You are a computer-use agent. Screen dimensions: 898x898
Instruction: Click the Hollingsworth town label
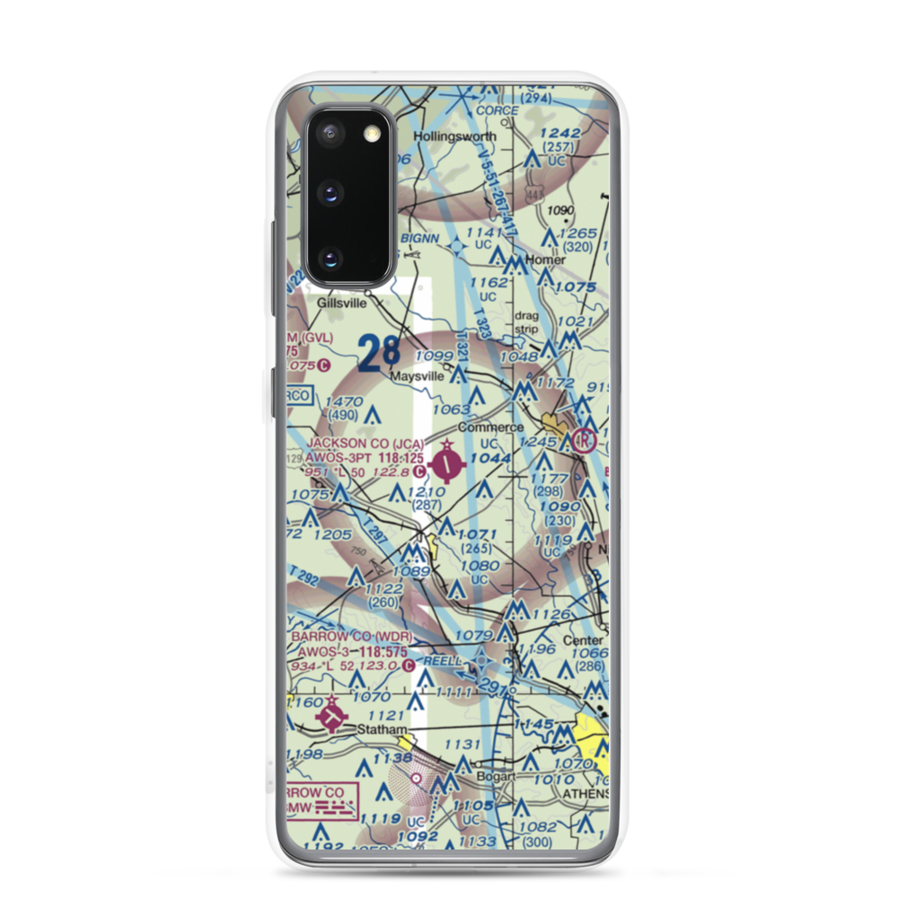[x=454, y=136]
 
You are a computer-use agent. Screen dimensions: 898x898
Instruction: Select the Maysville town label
[x=417, y=377]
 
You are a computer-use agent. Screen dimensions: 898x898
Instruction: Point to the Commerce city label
[x=490, y=428]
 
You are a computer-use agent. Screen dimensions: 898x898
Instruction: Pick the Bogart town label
[x=496, y=777]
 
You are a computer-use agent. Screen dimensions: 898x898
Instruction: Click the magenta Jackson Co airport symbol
[x=448, y=464]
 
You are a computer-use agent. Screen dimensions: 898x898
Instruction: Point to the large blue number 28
[x=379, y=352]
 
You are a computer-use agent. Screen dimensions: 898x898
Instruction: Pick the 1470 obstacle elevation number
[x=344, y=401]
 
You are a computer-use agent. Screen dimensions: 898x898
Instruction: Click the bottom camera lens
[x=331, y=260]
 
